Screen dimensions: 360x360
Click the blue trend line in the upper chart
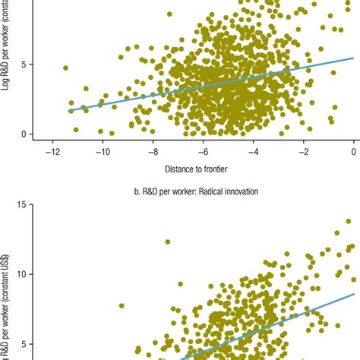click(213, 90)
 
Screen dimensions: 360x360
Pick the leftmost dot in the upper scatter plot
click(65, 68)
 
